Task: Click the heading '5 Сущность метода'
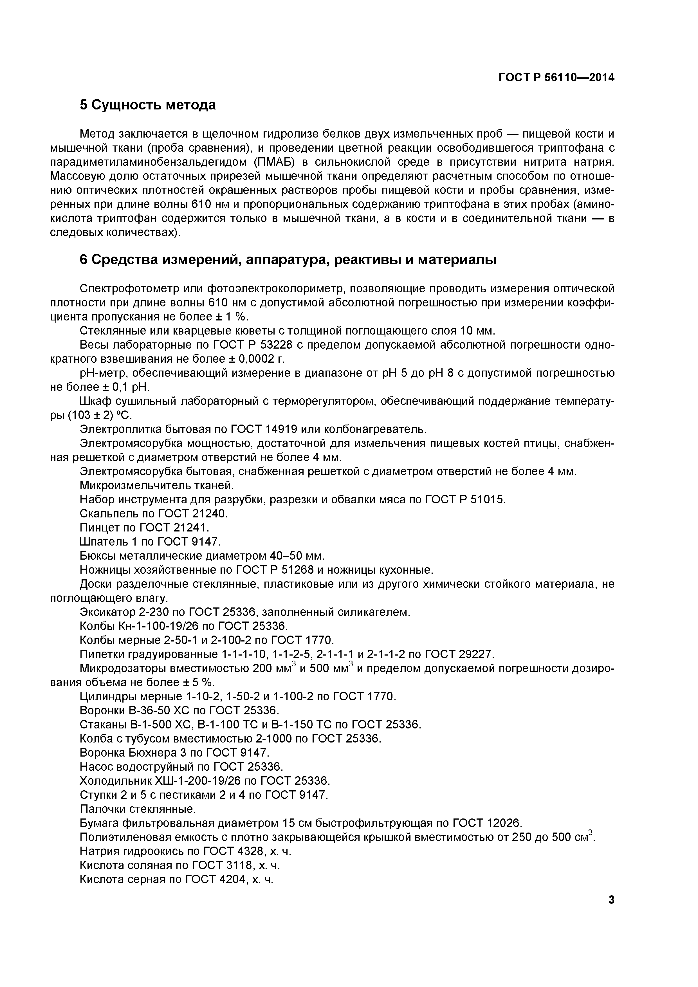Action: pos(147,105)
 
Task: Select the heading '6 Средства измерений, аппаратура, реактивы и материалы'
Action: pos(288,260)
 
